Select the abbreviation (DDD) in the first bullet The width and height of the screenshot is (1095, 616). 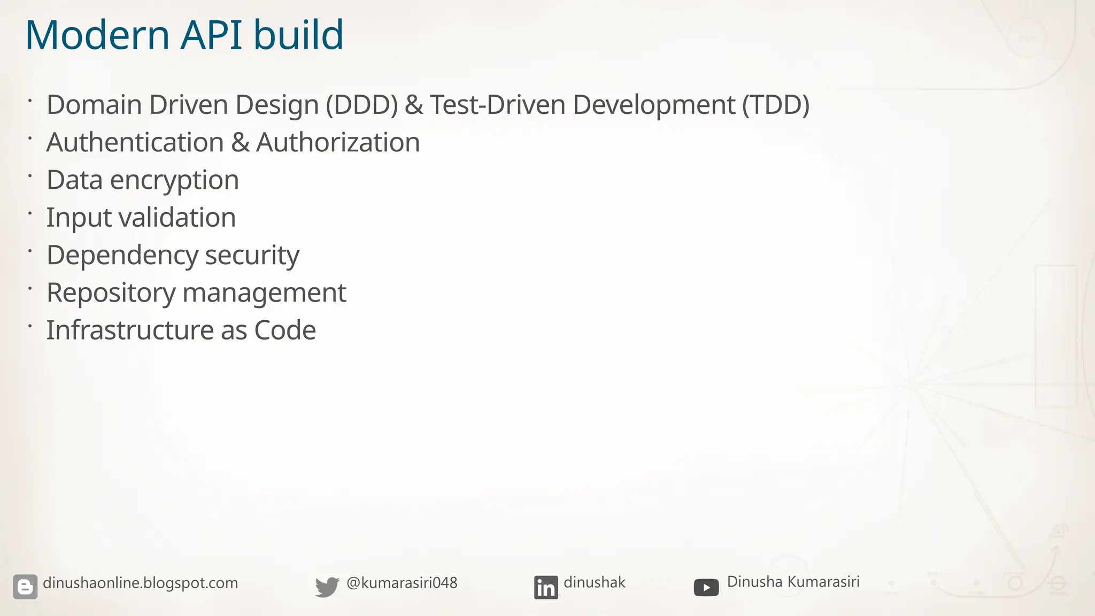point(362,105)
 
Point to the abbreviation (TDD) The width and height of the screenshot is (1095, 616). point(775,105)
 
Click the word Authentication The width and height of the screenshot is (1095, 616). point(135,143)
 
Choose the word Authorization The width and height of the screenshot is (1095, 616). point(338,143)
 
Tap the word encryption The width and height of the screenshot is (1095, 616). point(174,181)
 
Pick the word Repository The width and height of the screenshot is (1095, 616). point(111,293)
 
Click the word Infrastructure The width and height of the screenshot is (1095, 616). point(130,330)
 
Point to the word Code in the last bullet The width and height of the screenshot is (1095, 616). point(285,330)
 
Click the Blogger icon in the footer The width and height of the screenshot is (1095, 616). point(25,587)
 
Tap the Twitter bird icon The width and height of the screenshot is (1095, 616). point(327,587)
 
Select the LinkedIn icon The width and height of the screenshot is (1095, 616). point(546,587)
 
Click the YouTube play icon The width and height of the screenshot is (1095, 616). point(706,588)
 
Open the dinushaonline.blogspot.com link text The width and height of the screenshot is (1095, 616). point(140,583)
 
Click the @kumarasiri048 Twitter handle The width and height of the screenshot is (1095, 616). point(402,583)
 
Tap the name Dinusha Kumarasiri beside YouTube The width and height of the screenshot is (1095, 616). point(793,582)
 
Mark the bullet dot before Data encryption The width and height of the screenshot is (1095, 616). point(30,175)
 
